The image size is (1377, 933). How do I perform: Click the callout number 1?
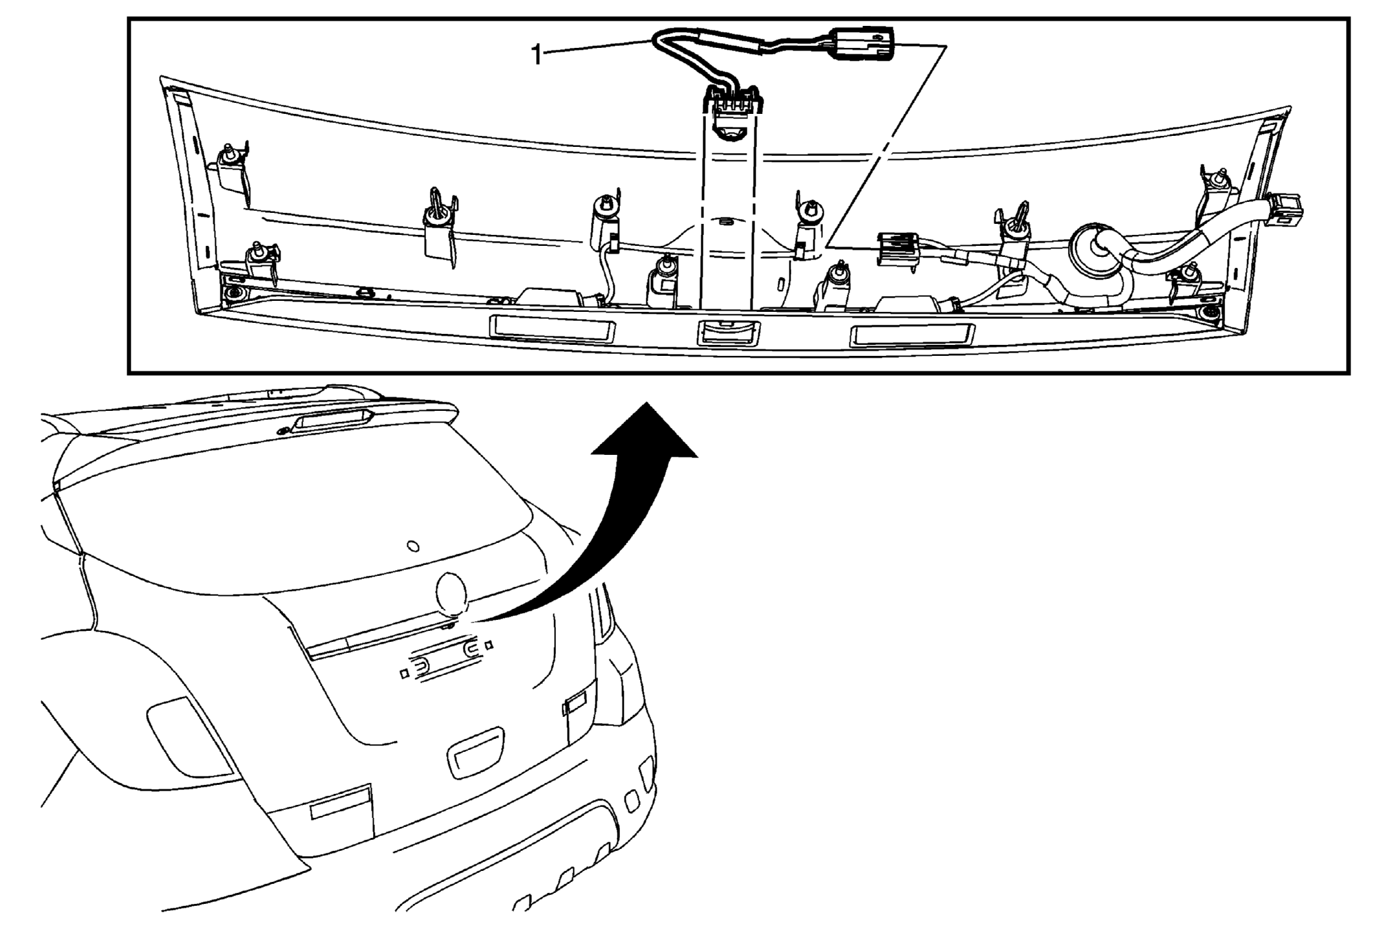(536, 56)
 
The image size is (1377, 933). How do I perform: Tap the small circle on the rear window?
(414, 546)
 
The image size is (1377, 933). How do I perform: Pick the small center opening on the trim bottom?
(729, 333)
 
